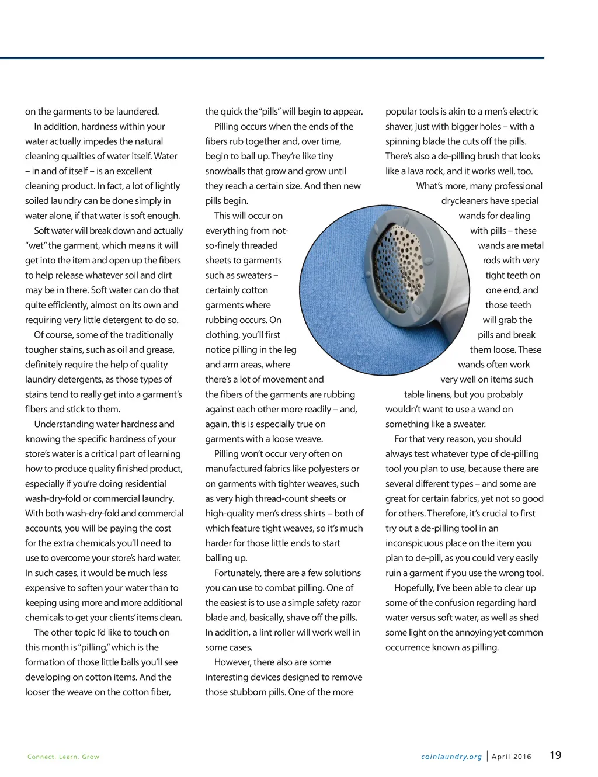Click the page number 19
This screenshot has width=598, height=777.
coord(555,755)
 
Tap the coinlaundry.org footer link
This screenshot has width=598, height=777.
coord(451,757)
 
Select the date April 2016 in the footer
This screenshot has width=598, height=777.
coord(512,757)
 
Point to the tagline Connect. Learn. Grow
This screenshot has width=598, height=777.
coord(64,757)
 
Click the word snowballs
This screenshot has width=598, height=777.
coord(227,171)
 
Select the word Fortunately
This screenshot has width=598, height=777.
coord(238,573)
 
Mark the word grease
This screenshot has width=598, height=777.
coord(161,350)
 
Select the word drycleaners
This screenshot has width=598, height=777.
coord(465,201)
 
